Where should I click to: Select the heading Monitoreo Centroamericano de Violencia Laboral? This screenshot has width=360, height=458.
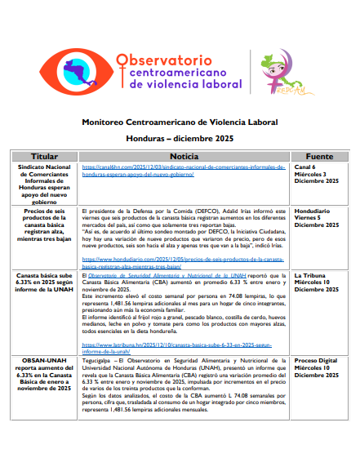(180, 121)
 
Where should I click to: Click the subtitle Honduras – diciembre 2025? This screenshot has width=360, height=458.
(180, 138)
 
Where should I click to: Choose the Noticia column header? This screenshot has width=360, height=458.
(185, 155)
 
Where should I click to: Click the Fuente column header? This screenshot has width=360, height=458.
(318, 155)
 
